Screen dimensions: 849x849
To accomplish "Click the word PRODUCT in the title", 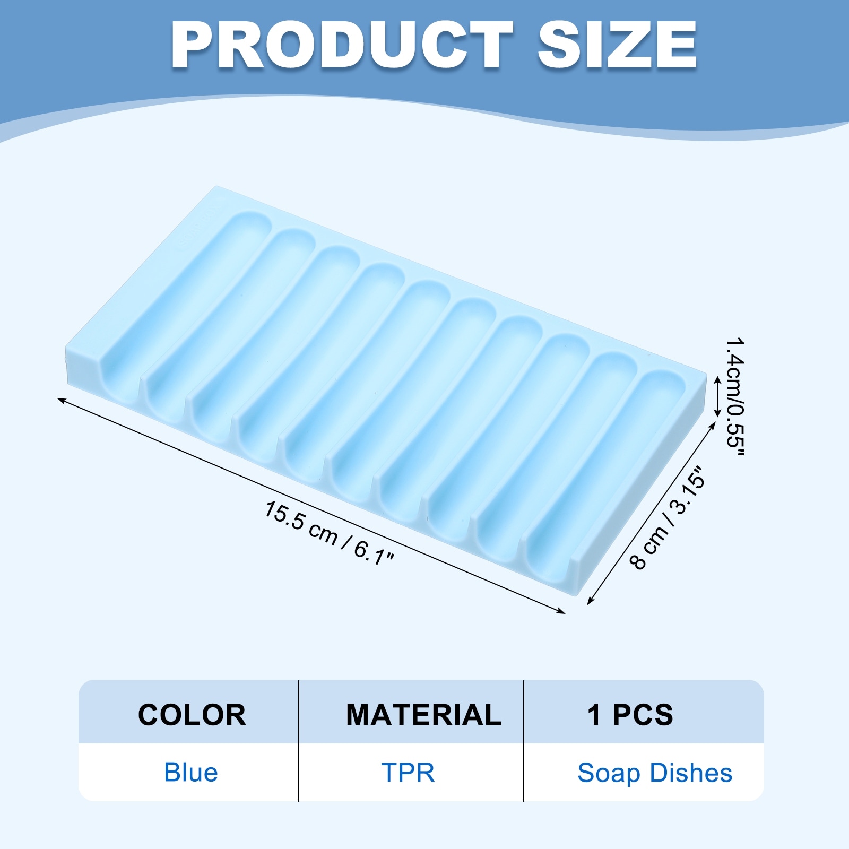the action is click(x=342, y=46).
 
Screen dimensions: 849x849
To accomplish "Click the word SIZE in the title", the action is click(x=617, y=46).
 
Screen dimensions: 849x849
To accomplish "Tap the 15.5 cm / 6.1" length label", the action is click(x=330, y=534).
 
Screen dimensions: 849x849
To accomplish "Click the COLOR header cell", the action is click(x=192, y=715).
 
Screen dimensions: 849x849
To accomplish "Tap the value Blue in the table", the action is click(x=191, y=773).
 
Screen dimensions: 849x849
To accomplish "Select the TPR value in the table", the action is click(x=408, y=773).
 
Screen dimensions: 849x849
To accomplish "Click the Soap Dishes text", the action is click(x=655, y=773).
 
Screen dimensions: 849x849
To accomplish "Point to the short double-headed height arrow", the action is click(x=717, y=396).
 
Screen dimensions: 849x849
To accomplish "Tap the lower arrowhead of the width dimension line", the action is click(x=590, y=601).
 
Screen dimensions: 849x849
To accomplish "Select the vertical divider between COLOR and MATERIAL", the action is click(x=299, y=741).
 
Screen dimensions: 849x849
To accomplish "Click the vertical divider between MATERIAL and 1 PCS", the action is click(x=524, y=741).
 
